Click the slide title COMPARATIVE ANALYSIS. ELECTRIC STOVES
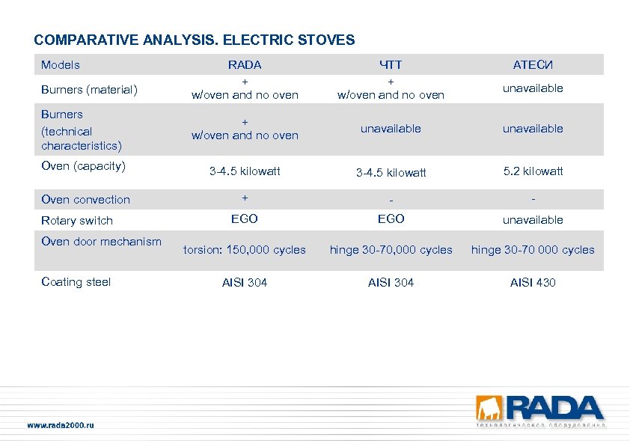tap(195, 40)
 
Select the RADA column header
tap(245, 65)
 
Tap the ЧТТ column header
tap(391, 65)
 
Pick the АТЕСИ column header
tap(533, 65)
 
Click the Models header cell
tap(61, 65)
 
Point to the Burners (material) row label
tap(89, 90)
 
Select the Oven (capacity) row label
tap(83, 166)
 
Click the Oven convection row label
tap(85, 200)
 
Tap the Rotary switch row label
tap(77, 221)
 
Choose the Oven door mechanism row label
tap(101, 242)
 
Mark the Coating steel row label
tap(76, 282)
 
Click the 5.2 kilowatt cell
tap(533, 171)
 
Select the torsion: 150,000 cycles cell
tap(245, 250)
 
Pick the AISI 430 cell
tap(533, 283)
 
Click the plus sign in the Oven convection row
tap(245, 198)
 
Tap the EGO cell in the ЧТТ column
tap(391, 219)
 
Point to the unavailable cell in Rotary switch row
tap(533, 220)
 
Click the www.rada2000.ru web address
tap(61, 425)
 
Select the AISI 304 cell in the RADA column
tap(245, 283)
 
